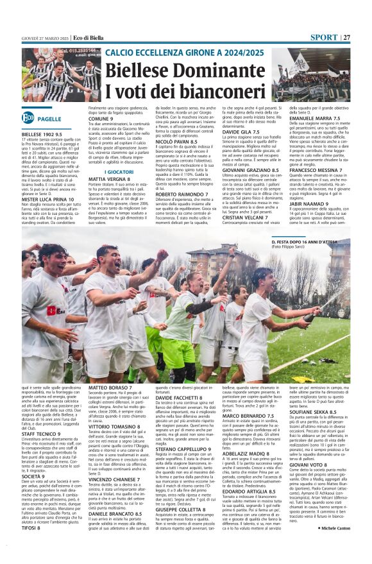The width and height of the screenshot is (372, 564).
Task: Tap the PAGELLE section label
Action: click(x=49, y=119)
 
